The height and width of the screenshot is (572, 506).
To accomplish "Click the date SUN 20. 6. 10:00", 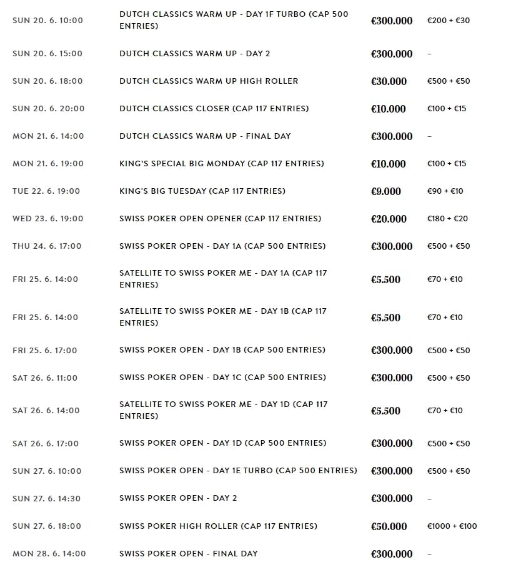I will [x=47, y=21].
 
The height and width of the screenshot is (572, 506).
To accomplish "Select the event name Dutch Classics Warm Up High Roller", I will [x=209, y=81].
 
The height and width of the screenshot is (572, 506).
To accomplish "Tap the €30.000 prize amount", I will [x=389, y=81].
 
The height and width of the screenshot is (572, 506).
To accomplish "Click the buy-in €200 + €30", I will [x=449, y=21].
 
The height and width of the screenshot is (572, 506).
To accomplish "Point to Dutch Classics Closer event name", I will [x=214, y=109].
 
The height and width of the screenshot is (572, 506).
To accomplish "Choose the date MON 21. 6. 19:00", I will [x=48, y=164].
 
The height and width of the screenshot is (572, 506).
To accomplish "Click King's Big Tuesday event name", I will [x=202, y=191].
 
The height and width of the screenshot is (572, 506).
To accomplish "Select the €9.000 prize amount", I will [x=386, y=191].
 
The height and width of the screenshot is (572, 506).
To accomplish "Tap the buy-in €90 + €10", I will [x=445, y=191].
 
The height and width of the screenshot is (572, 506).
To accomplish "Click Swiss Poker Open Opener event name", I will [x=220, y=219].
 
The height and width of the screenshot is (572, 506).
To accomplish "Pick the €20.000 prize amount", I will [x=389, y=219].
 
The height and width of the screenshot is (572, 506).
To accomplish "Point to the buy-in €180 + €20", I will [x=447, y=219].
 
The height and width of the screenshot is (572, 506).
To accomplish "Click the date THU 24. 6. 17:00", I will [x=47, y=246].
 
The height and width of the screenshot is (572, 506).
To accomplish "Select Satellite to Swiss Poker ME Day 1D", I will [x=223, y=410].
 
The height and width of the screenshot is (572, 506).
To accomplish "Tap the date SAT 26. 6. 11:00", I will [x=45, y=378].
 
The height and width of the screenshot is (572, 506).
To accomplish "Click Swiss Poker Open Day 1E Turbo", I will [x=238, y=471].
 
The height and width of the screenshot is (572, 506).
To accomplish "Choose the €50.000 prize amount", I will [x=389, y=526].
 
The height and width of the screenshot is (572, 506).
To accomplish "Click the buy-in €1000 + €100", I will [x=452, y=526].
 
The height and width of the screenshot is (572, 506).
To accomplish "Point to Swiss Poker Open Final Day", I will [x=188, y=554].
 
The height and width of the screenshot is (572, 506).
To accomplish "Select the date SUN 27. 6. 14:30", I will [x=46, y=499].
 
